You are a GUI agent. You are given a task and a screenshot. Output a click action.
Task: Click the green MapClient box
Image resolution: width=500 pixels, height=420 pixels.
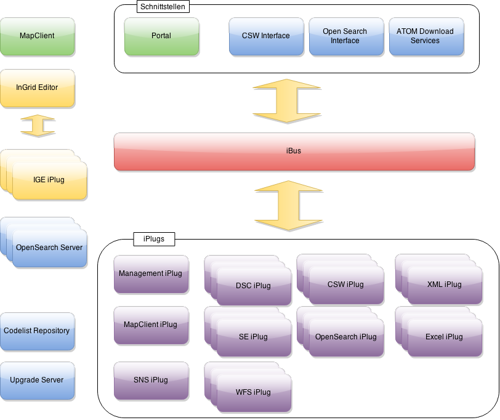37,36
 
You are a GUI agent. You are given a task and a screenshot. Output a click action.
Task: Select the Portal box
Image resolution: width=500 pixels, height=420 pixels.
161,36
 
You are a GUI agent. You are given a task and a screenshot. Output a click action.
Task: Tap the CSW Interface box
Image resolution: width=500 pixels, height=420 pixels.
266,36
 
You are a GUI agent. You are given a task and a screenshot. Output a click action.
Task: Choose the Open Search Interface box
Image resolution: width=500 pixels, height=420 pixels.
345,36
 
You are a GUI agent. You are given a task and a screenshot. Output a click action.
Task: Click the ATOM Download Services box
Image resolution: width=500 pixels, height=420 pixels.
425,36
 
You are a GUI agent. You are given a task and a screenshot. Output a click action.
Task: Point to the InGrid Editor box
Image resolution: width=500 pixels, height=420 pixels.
37,87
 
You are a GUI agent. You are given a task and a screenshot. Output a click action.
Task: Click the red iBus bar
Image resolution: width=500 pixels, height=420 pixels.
294,151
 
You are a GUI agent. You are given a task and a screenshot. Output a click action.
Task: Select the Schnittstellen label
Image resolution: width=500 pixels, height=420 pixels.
163,7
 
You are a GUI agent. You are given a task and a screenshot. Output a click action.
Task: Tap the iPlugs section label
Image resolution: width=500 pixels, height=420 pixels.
153,238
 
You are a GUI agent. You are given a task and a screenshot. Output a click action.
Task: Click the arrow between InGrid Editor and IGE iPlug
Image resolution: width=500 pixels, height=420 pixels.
37,126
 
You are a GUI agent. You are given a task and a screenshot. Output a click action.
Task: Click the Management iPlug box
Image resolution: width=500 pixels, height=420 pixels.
151,274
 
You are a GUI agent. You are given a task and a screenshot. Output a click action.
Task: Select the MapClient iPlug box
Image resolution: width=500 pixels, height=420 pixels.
151,325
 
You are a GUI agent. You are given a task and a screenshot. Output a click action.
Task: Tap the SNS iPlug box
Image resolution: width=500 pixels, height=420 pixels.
151,380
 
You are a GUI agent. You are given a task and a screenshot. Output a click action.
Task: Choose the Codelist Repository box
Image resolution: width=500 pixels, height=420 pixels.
37,331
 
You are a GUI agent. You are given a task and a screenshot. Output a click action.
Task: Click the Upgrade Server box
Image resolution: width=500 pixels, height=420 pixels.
37,380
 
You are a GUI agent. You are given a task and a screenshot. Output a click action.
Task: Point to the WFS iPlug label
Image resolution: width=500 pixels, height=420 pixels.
253,392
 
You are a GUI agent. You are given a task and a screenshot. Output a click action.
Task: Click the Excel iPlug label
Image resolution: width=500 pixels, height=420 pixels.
444,337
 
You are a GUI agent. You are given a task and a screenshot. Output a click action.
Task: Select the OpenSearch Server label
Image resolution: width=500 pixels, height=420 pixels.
49,248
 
